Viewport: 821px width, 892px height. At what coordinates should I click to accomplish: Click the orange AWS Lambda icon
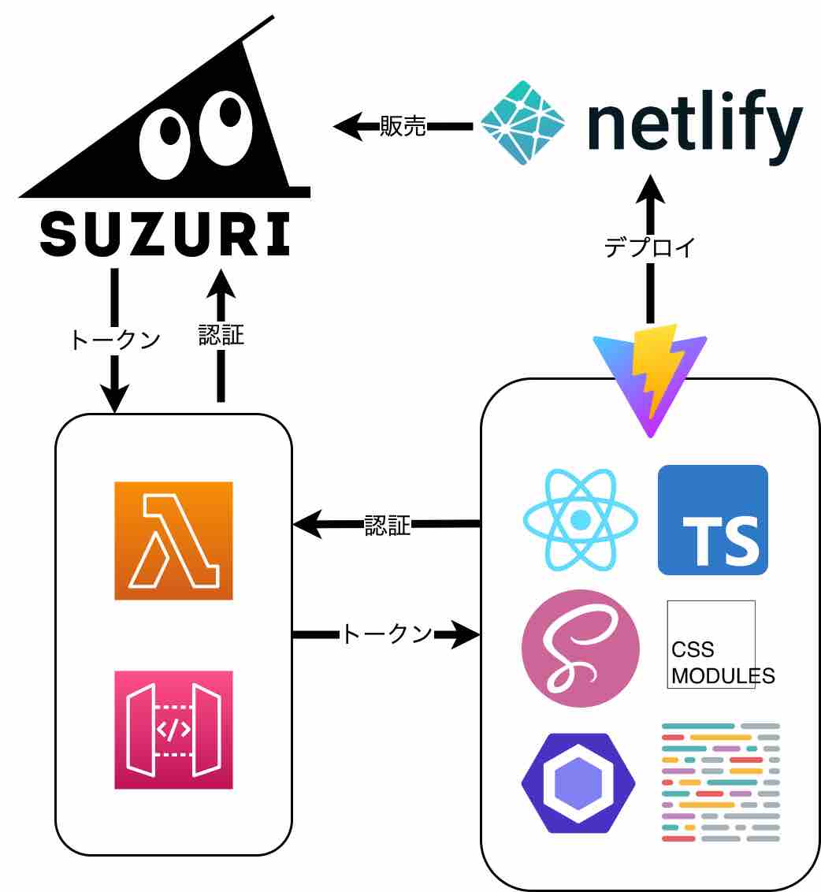pos(173,541)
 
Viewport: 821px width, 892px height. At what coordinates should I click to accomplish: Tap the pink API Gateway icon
pos(173,729)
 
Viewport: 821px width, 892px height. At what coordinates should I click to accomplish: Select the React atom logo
pos(581,520)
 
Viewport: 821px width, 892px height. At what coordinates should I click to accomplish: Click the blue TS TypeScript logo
pos(713,520)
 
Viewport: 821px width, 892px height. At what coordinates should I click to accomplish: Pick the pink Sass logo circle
pos(581,648)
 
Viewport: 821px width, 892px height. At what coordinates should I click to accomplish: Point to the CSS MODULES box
pos(711,645)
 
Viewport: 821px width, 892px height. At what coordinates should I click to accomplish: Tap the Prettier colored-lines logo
pos(720,782)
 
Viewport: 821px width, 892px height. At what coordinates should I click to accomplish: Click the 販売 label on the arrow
pos(403,126)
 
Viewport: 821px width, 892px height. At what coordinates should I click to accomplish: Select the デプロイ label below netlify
pos(650,247)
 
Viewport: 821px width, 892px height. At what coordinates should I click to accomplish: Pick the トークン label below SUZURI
pos(115,339)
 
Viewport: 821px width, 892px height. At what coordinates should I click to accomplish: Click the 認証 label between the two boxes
pos(387,525)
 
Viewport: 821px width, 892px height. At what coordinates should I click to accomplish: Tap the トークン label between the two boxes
pos(386,634)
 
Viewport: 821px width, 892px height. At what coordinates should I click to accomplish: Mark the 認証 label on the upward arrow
pos(221,336)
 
